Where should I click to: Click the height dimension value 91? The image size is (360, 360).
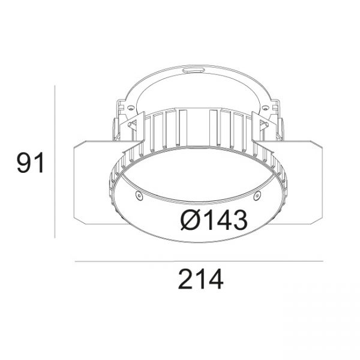[31, 163]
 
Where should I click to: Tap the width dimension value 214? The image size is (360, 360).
[200, 279]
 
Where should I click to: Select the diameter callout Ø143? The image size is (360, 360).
[214, 220]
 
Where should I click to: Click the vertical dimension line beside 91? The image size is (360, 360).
[55, 161]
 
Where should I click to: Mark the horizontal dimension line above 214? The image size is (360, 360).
[199, 261]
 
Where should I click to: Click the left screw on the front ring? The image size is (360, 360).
[139, 195]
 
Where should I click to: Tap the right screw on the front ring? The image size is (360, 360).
[257, 196]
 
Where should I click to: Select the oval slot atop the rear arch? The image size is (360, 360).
[193, 70]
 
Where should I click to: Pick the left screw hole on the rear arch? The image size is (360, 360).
[131, 107]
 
